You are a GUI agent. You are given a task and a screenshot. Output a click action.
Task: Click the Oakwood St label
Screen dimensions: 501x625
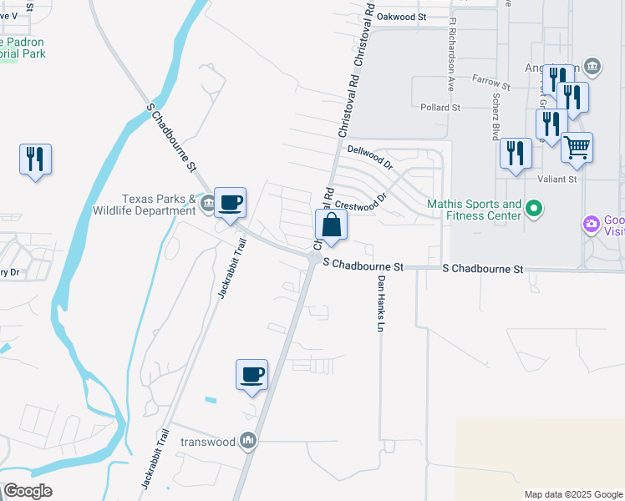tap(401, 17)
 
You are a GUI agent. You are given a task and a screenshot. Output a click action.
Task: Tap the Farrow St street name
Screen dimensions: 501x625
tap(490, 83)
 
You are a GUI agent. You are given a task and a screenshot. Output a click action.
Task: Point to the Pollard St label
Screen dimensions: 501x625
tap(440, 108)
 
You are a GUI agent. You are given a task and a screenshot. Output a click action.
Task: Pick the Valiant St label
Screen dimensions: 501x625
tap(560, 179)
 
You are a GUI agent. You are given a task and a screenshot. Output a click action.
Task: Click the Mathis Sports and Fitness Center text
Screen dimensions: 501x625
tap(474, 210)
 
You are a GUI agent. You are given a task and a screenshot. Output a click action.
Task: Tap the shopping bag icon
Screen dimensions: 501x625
tap(331, 225)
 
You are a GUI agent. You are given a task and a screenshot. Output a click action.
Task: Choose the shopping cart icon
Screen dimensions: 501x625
tap(577, 149)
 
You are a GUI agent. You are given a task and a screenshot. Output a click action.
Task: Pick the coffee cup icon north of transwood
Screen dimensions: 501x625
tap(252, 375)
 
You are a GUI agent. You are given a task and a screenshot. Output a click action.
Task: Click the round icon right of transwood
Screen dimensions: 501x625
tap(248, 440)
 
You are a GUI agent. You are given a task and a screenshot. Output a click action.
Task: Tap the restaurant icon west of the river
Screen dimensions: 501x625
tap(35, 158)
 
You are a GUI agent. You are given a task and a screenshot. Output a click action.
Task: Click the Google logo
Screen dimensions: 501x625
tap(28, 491)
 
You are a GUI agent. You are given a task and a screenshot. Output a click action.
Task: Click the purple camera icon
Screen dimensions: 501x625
tap(592, 224)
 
